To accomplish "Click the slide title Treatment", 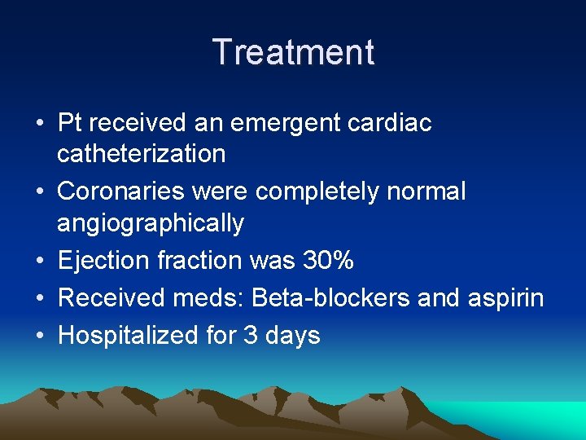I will [293, 52].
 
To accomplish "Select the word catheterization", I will [142, 152].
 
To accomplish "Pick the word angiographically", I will [151, 222].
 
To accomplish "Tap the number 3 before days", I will [251, 336].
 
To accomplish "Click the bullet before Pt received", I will [40, 125].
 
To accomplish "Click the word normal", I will [426, 191].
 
